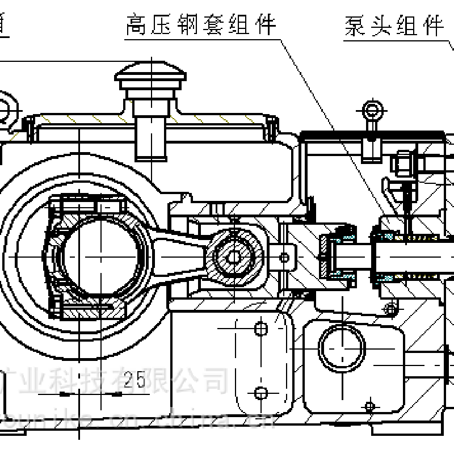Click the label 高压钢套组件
[201, 25]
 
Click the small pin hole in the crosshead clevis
[284, 258]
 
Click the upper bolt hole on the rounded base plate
[260, 328]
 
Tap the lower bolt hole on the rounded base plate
[260, 393]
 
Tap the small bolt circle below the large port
[369, 406]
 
